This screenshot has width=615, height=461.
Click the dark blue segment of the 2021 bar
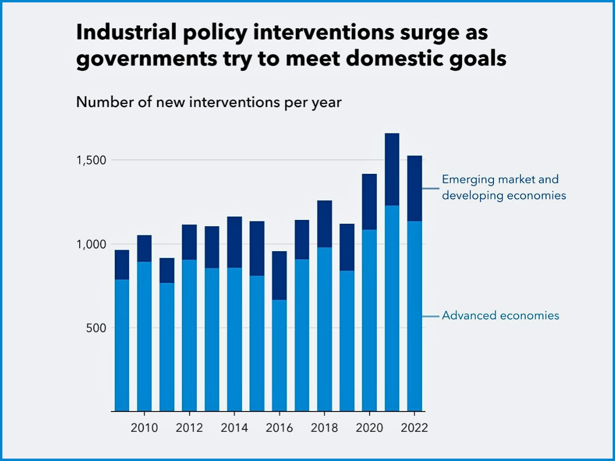(x=392, y=169)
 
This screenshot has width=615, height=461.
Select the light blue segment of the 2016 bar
(x=279, y=355)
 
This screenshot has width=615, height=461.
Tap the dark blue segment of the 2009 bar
(x=122, y=265)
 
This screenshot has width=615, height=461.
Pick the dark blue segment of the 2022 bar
(x=414, y=188)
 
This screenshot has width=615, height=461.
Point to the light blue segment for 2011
(x=167, y=347)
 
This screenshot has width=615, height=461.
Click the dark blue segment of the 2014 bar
(x=234, y=242)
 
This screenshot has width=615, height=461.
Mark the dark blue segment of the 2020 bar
(x=369, y=202)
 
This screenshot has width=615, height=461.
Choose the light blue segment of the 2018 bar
(x=324, y=329)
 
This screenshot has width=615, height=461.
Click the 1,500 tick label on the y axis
(x=91, y=160)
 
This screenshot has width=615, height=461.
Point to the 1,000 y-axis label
(x=91, y=244)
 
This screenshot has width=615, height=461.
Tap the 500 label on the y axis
(x=96, y=328)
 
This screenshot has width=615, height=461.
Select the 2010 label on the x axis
(x=144, y=428)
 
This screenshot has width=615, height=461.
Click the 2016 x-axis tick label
(x=279, y=428)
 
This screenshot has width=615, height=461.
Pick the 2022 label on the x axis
(x=414, y=428)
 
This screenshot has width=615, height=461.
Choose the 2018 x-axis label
(x=324, y=428)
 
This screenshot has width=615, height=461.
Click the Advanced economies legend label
(x=500, y=315)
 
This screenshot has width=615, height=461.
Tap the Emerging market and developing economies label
(x=504, y=187)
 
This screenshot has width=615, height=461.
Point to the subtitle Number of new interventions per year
(x=209, y=102)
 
